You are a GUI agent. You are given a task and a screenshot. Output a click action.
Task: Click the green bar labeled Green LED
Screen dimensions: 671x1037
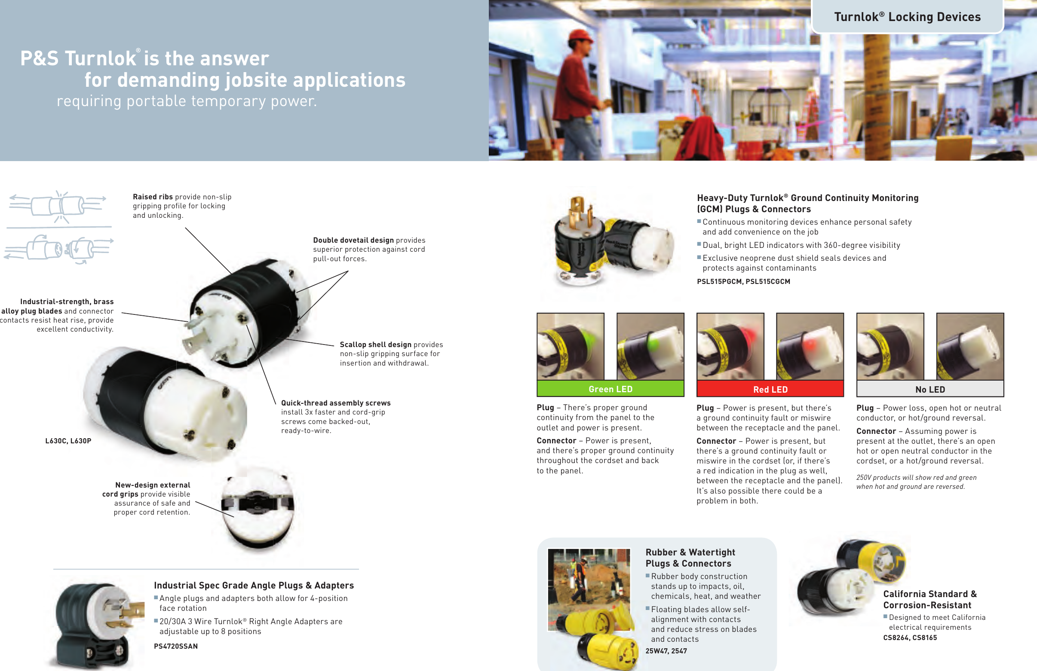(610, 389)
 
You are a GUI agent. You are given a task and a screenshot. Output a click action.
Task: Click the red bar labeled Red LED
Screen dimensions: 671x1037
(770, 389)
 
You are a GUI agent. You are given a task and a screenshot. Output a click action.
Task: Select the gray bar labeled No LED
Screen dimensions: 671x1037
(930, 389)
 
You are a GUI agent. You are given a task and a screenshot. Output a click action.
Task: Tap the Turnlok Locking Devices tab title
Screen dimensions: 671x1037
(907, 17)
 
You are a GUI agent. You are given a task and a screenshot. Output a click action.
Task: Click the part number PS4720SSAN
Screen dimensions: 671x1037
(175, 646)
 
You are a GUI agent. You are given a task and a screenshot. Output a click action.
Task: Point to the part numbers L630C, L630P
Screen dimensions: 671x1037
(68, 441)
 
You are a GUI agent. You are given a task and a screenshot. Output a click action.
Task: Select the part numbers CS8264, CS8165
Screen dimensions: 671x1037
(910, 637)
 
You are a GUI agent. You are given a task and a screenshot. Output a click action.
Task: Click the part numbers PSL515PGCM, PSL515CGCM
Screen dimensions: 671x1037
(743, 281)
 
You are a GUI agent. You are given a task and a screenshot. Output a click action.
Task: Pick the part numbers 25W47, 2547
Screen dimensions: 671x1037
(666, 651)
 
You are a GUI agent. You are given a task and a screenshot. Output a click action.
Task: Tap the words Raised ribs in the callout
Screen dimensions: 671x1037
(153, 197)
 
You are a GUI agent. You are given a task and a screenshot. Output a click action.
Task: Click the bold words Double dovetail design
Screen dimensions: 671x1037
(353, 240)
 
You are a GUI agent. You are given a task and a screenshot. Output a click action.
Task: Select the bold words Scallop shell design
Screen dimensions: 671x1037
(375, 345)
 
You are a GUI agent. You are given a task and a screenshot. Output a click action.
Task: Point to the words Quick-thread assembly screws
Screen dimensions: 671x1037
(335, 403)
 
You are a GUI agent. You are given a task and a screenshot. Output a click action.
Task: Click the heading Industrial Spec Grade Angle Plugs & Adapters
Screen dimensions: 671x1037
(254, 585)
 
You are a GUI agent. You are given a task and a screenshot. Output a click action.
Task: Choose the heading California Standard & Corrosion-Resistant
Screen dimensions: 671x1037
(930, 599)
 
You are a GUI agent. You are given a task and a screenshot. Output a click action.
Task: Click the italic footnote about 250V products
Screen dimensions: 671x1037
(916, 482)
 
